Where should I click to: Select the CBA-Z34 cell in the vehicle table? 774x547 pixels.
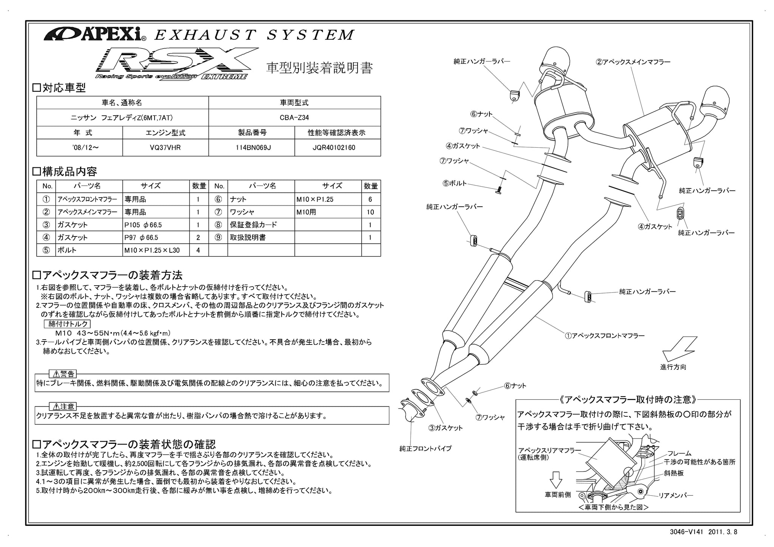294,117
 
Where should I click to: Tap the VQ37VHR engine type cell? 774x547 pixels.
166,147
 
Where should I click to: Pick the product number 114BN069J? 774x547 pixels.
251,147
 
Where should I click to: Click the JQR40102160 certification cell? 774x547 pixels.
337,147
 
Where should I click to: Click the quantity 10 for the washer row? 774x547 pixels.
370,212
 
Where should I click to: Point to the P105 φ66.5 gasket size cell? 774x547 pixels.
143,225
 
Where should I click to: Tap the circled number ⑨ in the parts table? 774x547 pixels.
218,237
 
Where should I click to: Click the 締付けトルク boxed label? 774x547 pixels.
68,324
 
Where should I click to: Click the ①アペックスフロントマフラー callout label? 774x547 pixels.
605,335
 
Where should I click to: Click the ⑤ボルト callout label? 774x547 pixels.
455,184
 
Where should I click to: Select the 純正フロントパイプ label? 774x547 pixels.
426,449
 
